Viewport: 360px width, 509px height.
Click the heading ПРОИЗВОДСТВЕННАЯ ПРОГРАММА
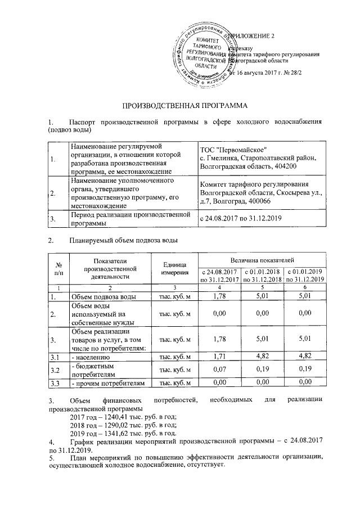tap(185, 105)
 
